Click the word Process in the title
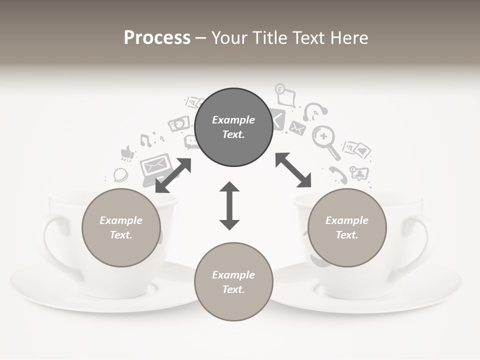point(157,38)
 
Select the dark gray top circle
point(233,127)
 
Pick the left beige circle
point(121,227)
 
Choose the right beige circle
point(347,227)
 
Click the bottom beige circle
point(233,282)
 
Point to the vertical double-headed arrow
point(229,205)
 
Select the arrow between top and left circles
point(173,175)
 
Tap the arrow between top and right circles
point(293,170)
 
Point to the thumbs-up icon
point(127,153)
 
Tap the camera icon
point(179,123)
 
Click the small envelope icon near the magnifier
point(297,128)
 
